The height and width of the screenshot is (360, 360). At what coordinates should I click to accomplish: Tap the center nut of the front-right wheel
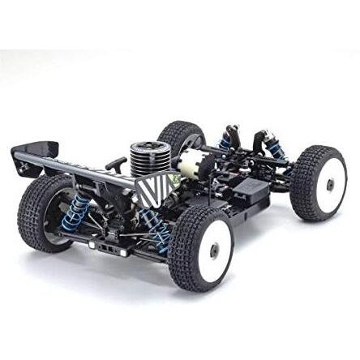[330, 184]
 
